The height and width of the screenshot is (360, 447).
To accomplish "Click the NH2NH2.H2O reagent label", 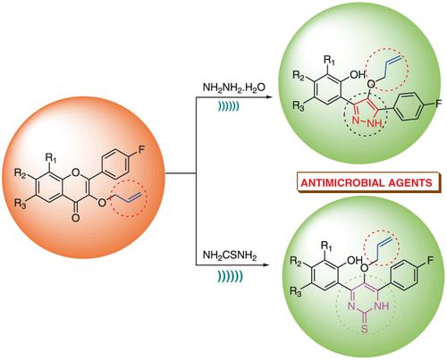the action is [x=234, y=88].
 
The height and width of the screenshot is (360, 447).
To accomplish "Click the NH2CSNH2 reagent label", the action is [x=230, y=255].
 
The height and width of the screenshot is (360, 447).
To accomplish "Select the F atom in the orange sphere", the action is [x=141, y=150].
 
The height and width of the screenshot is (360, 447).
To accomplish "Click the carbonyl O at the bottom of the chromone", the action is [x=76, y=218].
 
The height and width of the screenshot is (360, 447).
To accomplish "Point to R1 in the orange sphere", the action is [x=51, y=158].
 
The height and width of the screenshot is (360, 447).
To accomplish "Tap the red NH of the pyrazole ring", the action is [x=375, y=122].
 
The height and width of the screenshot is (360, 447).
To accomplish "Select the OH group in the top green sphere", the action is [x=358, y=74].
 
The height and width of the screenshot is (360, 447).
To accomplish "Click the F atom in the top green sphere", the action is [x=438, y=104].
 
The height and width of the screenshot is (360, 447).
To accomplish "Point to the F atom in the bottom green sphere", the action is [x=431, y=261].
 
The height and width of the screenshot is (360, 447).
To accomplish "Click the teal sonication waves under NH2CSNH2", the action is [x=230, y=277].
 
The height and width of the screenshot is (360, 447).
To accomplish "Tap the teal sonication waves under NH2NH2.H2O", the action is [x=228, y=106].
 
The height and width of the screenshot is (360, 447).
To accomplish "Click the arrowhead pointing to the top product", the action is [x=269, y=97].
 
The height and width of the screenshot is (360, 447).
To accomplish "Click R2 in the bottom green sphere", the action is [x=296, y=261].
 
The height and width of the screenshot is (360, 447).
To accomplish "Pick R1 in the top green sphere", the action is [x=329, y=61].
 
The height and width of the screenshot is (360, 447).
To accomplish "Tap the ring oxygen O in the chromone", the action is [x=76, y=172].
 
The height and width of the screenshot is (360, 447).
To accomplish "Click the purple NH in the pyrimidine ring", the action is [x=383, y=306].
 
